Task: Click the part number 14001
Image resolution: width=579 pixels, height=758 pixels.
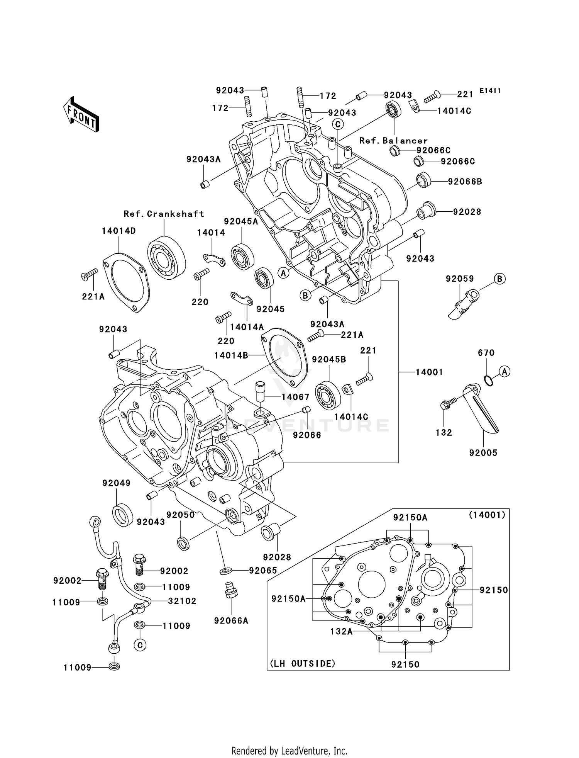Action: pos(429,372)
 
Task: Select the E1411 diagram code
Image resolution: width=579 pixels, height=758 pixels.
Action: pos(490,91)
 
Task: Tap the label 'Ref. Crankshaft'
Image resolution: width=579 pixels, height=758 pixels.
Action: pos(164,214)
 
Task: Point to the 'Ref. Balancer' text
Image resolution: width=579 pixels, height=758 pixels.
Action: pos(393,141)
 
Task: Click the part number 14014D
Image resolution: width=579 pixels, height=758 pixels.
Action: pos(119,231)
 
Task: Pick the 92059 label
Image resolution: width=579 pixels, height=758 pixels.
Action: pos(460,279)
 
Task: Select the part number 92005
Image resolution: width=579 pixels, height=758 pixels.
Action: pos(483,452)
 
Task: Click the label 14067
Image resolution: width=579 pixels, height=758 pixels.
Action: pos(295,397)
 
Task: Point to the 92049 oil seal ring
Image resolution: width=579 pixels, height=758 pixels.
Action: pos(122,514)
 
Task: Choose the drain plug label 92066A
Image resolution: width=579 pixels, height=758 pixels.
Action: pos(231,620)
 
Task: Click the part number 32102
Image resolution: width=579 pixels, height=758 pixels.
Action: pos(182,601)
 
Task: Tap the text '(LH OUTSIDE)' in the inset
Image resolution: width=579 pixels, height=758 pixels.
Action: pos(302,664)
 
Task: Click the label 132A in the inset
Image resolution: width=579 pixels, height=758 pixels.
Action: pos(341,631)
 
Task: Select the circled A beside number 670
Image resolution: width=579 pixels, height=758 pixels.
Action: pos(505,372)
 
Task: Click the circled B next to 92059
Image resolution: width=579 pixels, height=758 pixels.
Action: pos(499,279)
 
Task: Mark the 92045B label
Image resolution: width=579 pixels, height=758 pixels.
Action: pos(329,359)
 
